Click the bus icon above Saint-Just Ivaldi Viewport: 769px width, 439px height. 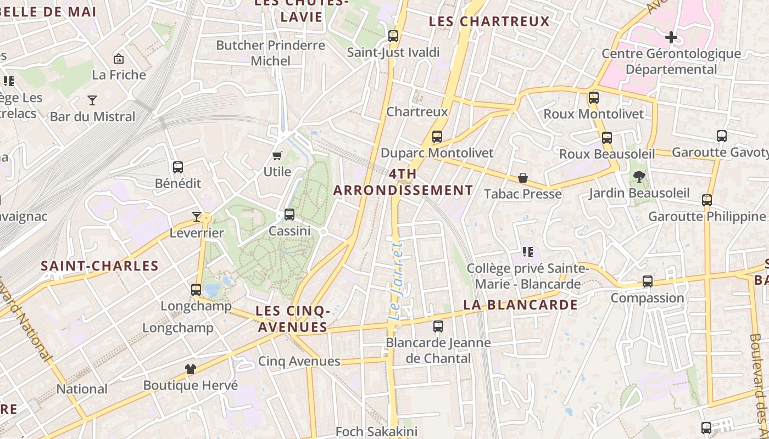[x=393, y=36]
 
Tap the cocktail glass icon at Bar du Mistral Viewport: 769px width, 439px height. [x=92, y=100]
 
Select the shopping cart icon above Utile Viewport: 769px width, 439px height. [x=277, y=155]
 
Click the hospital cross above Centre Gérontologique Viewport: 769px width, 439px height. [x=671, y=37]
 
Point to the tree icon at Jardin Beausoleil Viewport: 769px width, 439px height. [x=639, y=177]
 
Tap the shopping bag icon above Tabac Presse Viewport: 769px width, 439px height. [x=523, y=178]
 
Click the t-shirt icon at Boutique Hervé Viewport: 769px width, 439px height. [x=191, y=369]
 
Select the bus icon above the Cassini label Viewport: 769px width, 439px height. [x=289, y=215]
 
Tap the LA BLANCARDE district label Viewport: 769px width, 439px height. [x=520, y=305]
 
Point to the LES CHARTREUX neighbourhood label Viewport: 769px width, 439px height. [x=489, y=21]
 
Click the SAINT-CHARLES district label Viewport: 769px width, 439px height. [x=100, y=266]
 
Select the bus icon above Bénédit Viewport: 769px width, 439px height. [x=178, y=167]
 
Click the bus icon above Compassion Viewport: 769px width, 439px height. [x=648, y=282]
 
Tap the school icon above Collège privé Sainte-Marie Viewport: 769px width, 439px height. [x=528, y=252]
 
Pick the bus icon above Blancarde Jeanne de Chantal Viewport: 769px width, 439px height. [x=438, y=327]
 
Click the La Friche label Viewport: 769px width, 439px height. [x=119, y=75]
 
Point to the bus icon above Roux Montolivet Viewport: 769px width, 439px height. [x=594, y=98]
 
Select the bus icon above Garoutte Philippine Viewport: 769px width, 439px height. [x=707, y=200]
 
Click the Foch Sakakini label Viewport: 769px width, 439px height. [x=377, y=431]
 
